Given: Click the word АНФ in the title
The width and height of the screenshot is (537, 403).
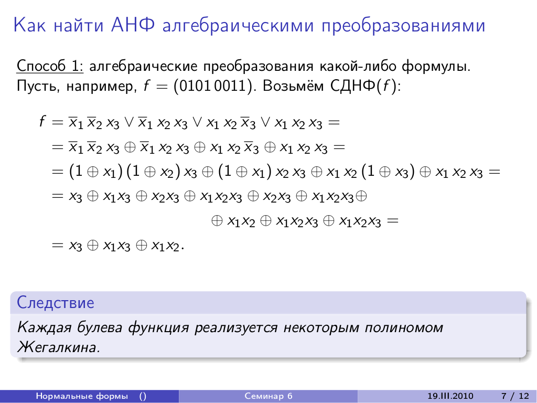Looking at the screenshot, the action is pos(133,25).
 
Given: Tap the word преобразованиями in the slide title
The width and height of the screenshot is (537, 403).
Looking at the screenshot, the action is pos(403,26).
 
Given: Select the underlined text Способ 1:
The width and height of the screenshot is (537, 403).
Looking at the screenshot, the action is pos(50,66).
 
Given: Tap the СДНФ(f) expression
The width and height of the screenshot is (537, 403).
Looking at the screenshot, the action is pos(366,86).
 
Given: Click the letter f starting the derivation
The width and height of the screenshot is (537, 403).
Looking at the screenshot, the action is pos(42,121).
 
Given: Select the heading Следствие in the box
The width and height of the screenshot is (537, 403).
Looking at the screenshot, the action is pos(56,303).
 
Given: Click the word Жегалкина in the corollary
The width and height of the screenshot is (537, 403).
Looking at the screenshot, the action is pos(59,347).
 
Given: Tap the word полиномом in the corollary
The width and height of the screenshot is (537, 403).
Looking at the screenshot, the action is pos(404,328).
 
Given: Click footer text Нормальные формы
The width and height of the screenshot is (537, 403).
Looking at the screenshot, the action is pos(82,396).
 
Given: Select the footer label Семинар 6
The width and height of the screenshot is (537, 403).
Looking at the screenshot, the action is pos(268,396).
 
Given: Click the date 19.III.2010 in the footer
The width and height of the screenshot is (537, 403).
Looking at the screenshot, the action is pos(450,396).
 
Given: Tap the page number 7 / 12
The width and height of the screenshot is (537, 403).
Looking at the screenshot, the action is pos(515,396).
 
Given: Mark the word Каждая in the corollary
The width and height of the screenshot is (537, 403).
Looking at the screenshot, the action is pos(44,327).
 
